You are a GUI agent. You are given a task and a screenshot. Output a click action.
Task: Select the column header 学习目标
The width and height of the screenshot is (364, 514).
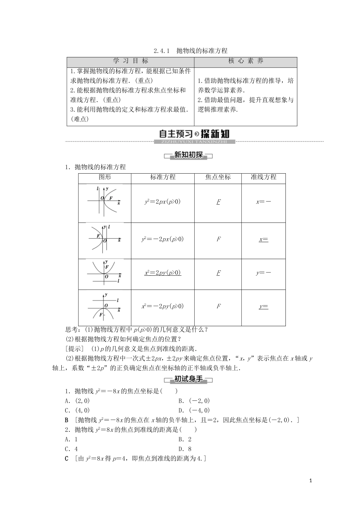[130, 61]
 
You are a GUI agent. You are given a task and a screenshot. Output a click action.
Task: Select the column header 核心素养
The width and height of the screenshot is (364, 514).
[246, 61]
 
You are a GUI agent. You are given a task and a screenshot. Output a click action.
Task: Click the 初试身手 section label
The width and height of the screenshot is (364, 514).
[188, 379]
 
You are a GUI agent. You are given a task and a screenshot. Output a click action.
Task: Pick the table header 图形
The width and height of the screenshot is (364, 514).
[105, 177]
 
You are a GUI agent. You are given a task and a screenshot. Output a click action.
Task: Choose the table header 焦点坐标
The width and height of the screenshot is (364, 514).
[218, 177]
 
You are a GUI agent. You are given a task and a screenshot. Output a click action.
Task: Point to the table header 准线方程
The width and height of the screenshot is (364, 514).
[263, 177]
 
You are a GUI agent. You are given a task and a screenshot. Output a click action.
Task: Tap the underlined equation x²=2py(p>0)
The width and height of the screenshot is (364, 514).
[162, 273]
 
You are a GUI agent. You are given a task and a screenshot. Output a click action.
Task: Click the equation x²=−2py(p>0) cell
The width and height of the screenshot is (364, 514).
[162, 306]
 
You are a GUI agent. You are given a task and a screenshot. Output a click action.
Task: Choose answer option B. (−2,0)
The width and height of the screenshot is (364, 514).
[194, 401]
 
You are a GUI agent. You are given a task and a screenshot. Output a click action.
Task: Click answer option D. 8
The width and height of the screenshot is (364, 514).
[185, 449]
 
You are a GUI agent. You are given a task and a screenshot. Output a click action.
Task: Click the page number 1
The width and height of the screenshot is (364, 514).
[311, 480]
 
